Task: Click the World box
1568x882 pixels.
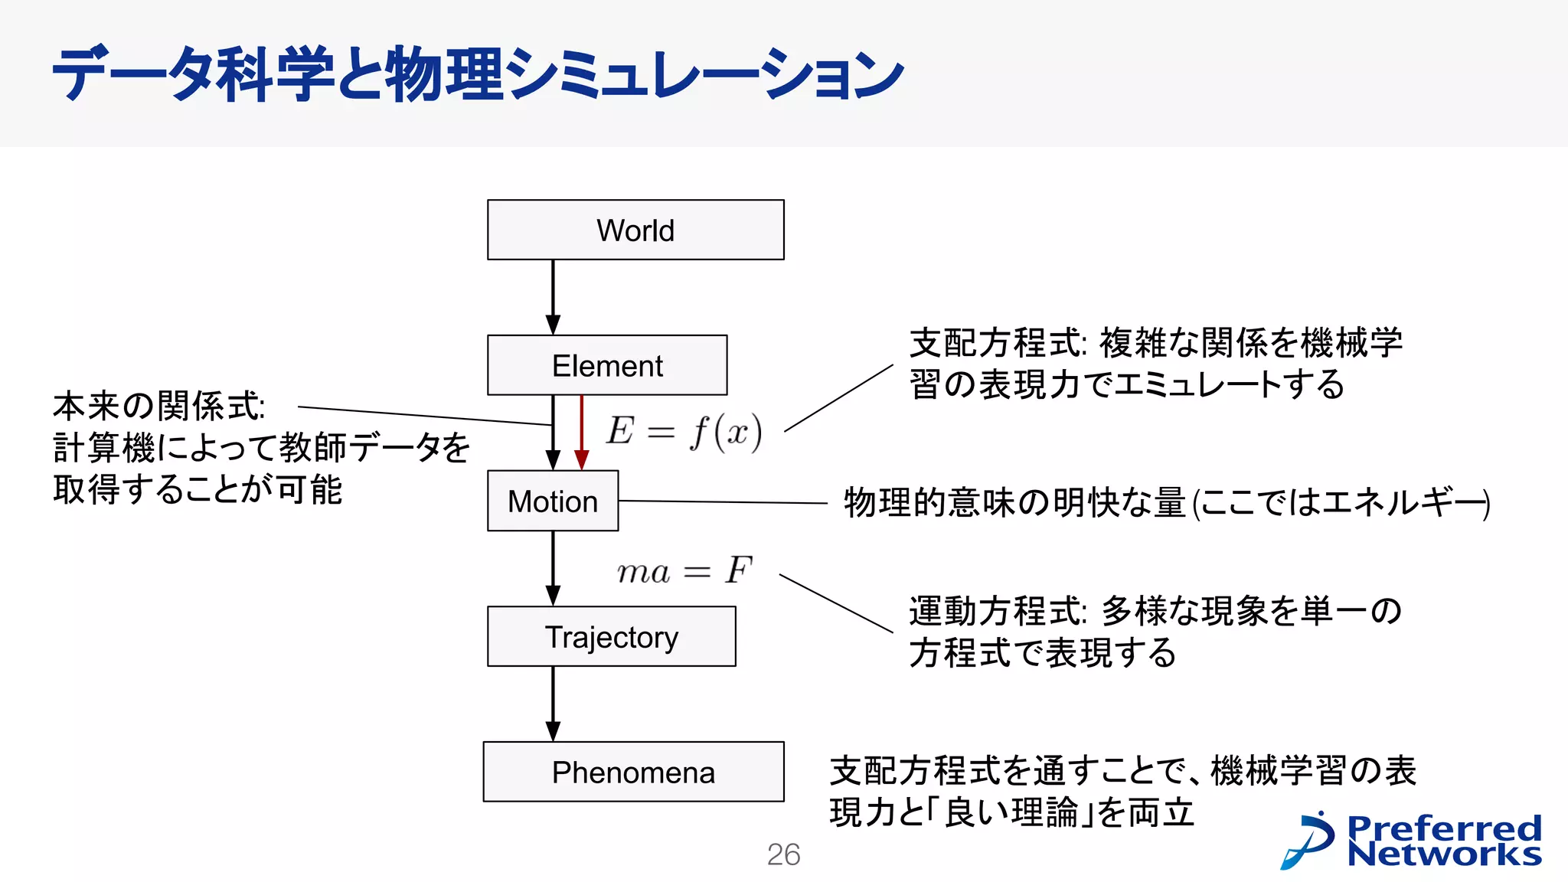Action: (x=635, y=230)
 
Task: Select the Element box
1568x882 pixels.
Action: (x=607, y=365)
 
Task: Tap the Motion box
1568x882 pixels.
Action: (x=553, y=501)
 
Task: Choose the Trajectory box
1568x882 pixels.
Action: (x=612, y=637)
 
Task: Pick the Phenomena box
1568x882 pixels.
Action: (x=633, y=772)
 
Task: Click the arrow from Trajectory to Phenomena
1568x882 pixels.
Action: (x=553, y=703)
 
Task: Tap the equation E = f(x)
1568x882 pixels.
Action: (x=684, y=431)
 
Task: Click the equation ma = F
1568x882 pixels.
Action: (x=684, y=570)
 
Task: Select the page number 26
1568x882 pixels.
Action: (x=783, y=854)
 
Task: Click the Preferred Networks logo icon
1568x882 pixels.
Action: (x=1308, y=840)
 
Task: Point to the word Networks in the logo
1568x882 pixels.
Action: (x=1444, y=854)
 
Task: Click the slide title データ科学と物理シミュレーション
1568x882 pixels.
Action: (x=479, y=74)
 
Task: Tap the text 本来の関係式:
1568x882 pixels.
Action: (x=159, y=406)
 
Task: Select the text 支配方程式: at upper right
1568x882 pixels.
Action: (x=998, y=342)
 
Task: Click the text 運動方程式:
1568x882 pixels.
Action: (x=998, y=611)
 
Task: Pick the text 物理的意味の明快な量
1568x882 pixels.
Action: (x=1014, y=503)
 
